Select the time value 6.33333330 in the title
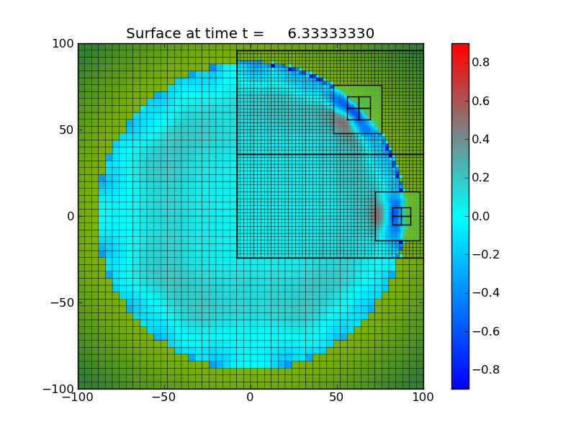(x=330, y=34)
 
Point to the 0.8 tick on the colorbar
(x=482, y=63)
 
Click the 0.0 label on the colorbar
(x=482, y=216)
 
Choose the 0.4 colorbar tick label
(x=482, y=139)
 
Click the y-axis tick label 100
(x=64, y=44)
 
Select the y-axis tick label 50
(x=67, y=130)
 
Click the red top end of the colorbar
(x=460, y=48)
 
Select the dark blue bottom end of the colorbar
(x=460, y=384)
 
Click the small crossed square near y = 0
(x=402, y=216)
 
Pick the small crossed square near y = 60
(x=359, y=108)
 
